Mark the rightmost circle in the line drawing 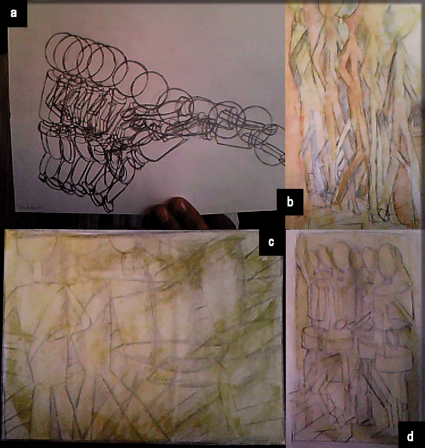[269, 152]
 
